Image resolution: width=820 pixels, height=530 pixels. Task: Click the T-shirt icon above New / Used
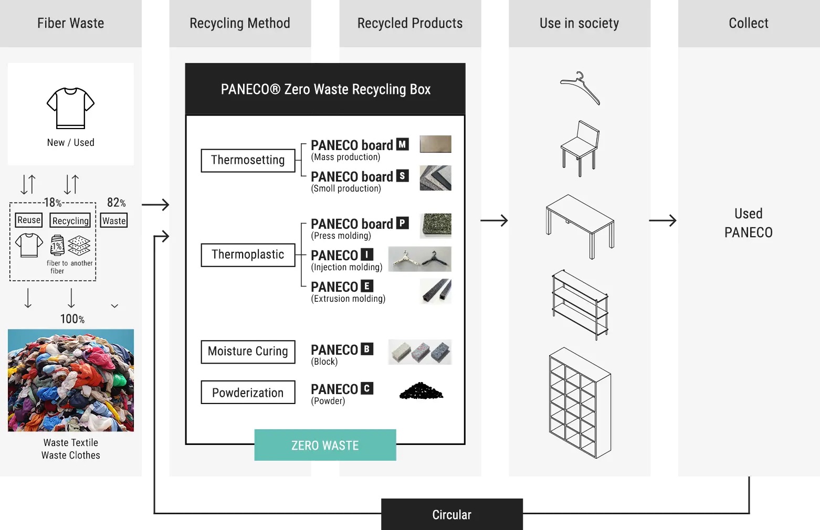71,108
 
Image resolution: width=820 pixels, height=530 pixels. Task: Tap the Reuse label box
29,220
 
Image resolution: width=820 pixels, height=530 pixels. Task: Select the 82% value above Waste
116,203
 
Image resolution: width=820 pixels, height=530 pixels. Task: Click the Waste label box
114,221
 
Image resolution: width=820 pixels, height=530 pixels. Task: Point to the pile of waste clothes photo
71,380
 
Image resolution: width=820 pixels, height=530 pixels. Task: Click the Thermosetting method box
248,161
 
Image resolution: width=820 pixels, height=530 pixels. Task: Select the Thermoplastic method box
248,255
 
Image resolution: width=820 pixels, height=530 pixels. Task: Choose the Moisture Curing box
248,352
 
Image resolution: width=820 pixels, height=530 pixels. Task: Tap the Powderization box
248,393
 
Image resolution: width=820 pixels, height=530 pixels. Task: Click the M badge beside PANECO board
402,144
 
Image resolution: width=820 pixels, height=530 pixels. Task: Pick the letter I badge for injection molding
367,255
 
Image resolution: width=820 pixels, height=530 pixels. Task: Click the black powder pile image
421,391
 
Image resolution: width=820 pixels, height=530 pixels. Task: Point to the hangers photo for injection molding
419,259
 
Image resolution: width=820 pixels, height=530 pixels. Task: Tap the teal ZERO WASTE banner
325,445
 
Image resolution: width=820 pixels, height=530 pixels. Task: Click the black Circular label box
451,514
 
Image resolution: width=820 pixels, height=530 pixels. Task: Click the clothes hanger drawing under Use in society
580,88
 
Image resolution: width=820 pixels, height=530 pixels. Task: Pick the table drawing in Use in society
580,226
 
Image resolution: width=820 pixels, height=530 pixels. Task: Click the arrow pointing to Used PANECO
663,220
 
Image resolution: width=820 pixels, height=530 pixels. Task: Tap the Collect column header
748,24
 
